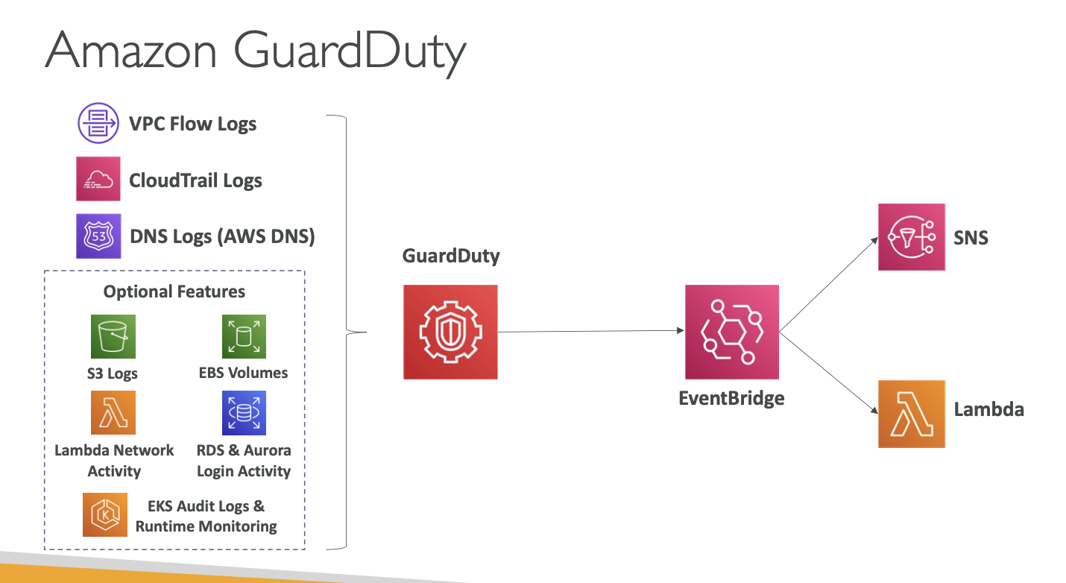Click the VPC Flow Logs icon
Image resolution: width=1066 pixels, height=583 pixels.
pos(98,124)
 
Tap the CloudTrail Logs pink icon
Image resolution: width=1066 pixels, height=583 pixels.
pos(98,179)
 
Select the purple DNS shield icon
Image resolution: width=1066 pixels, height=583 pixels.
pos(98,236)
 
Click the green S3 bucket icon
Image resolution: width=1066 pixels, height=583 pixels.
pos(113,336)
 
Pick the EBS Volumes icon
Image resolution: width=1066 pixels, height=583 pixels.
pos(244,336)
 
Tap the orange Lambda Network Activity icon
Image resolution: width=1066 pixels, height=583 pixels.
pos(113,412)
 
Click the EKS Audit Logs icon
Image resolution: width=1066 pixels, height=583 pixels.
pos(105,514)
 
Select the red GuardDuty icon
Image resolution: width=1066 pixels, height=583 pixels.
pos(450,331)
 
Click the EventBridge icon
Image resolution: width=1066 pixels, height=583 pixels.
pos(731,332)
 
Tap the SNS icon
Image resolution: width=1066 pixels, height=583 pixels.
pos(912,237)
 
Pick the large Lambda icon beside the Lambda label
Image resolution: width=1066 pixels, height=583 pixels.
pos(912,414)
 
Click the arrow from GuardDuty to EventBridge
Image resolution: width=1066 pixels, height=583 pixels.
pos(589,331)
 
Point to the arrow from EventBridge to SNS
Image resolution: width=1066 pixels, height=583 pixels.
pos(827,284)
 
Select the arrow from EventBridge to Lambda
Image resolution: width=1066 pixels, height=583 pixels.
pos(827,373)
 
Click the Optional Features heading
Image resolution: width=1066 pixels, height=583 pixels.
pos(174,291)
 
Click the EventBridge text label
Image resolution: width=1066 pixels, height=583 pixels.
pos(731,398)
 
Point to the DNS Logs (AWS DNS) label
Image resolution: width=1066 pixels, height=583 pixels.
pos(222,237)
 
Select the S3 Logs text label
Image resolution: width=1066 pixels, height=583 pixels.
pos(113,373)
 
